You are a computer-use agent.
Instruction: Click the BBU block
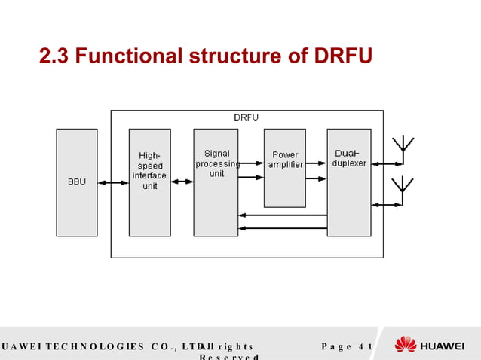(x=76, y=182)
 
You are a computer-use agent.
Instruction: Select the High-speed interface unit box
(x=149, y=182)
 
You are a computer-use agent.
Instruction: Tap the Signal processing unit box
(x=216, y=182)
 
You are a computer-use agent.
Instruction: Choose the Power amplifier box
(x=284, y=167)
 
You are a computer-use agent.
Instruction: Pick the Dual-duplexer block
(x=348, y=182)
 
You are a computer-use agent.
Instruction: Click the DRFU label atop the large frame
(x=246, y=117)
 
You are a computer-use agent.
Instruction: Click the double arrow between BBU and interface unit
(x=112, y=182)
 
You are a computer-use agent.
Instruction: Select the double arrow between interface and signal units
(x=182, y=182)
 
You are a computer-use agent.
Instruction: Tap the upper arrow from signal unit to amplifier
(x=251, y=163)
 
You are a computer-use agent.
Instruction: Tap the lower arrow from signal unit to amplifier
(x=251, y=178)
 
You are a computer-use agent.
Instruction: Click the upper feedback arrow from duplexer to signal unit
(x=283, y=215)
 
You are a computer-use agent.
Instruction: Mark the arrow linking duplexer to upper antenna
(x=387, y=163)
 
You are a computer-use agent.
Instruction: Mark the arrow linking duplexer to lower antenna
(x=387, y=204)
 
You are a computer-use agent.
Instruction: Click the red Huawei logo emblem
(x=406, y=345)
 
